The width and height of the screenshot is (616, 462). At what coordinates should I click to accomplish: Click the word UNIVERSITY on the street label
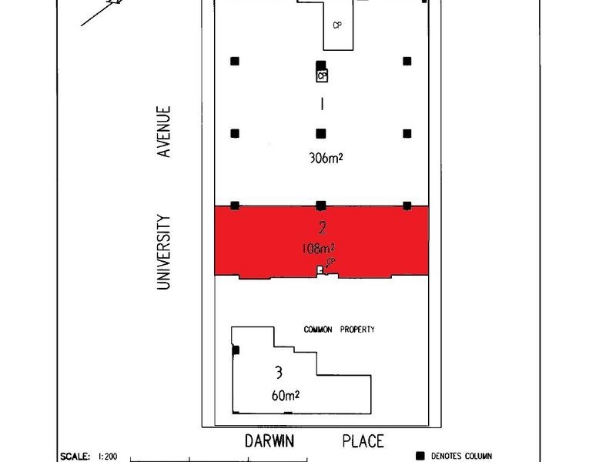163,252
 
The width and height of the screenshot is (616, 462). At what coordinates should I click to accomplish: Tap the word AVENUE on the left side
163,132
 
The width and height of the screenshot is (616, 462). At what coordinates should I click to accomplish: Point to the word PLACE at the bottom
362,441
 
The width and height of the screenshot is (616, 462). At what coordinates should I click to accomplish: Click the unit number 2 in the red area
321,228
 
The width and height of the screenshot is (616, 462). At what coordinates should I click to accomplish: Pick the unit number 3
278,373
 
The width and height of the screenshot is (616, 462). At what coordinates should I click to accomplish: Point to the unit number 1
321,103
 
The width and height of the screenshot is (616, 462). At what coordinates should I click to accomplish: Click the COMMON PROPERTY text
339,330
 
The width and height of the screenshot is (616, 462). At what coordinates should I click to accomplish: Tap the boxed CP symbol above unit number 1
321,75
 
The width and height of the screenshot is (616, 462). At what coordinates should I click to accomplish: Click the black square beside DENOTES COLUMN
420,455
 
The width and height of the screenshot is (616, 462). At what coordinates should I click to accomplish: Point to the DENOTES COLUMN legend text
461,455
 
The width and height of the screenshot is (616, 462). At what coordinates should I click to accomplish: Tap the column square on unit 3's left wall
236,350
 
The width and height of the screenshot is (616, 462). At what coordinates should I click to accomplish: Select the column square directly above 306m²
321,132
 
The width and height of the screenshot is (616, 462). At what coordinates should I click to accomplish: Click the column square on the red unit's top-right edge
407,205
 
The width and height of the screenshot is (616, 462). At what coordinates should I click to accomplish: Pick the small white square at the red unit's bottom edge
320,269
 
